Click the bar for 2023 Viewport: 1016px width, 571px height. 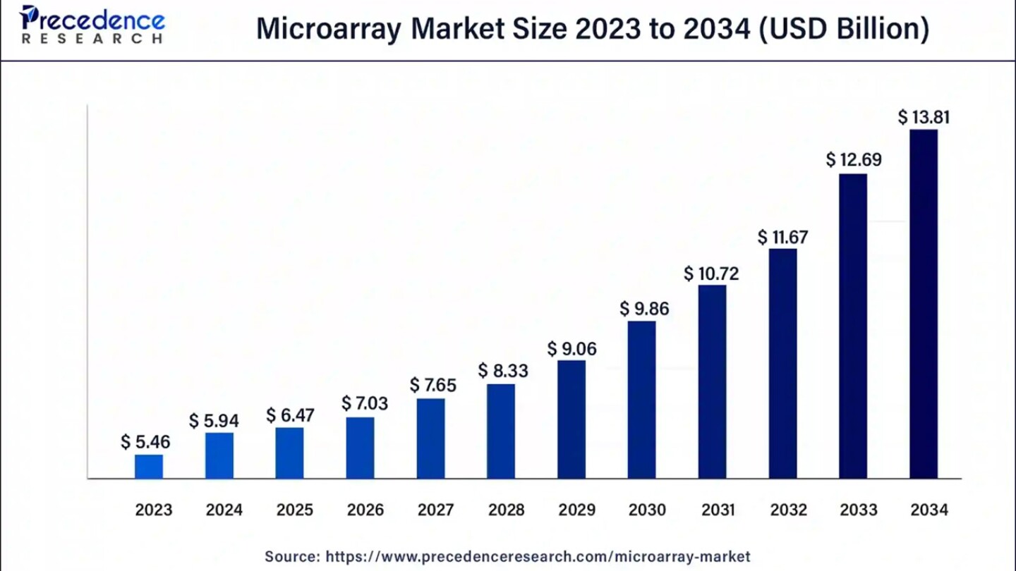pos(149,467)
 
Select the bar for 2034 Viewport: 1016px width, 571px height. pos(924,304)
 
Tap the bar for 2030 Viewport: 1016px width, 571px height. pos(641,400)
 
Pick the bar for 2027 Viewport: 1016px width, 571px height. pos(430,438)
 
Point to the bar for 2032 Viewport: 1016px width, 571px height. pos(782,363)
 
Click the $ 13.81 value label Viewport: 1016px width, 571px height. pos(924,117)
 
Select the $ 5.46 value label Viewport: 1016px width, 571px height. pos(145,442)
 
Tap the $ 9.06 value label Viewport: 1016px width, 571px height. pos(571,348)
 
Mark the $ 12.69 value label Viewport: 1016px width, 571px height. pos(854,160)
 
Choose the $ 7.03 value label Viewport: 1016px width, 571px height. pos(365,403)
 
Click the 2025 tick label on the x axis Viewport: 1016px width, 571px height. pos(294,510)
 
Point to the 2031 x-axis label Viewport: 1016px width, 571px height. pos(718,510)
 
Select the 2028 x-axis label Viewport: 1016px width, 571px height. pos(506,510)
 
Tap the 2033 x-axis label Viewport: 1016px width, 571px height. pos(859,510)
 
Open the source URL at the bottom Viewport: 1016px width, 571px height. pos(538,556)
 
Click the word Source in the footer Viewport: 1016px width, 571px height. pos(291,556)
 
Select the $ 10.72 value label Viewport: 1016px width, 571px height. pos(711,274)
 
